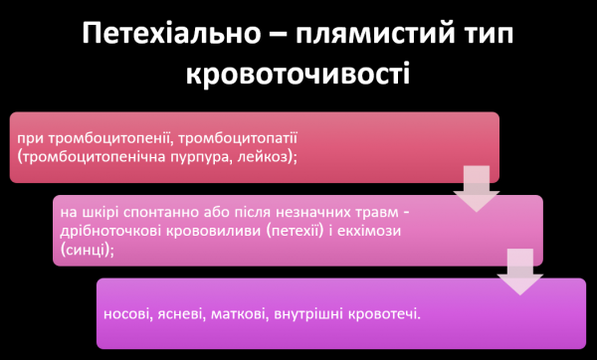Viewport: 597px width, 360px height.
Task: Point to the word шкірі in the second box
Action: pos(99,214)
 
